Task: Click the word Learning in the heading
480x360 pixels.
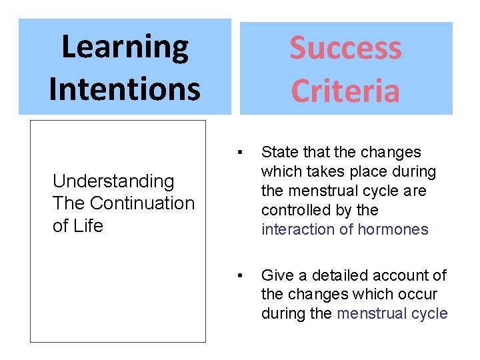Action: coord(125,47)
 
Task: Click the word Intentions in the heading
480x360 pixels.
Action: coord(125,88)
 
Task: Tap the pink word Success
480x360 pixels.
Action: coord(345,48)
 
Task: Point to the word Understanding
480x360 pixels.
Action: coord(113,181)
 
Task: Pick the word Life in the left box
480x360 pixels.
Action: coord(87,226)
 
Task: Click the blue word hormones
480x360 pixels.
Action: coord(393,229)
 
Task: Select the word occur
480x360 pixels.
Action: coord(419,294)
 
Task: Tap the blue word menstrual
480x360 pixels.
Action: coord(369,313)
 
